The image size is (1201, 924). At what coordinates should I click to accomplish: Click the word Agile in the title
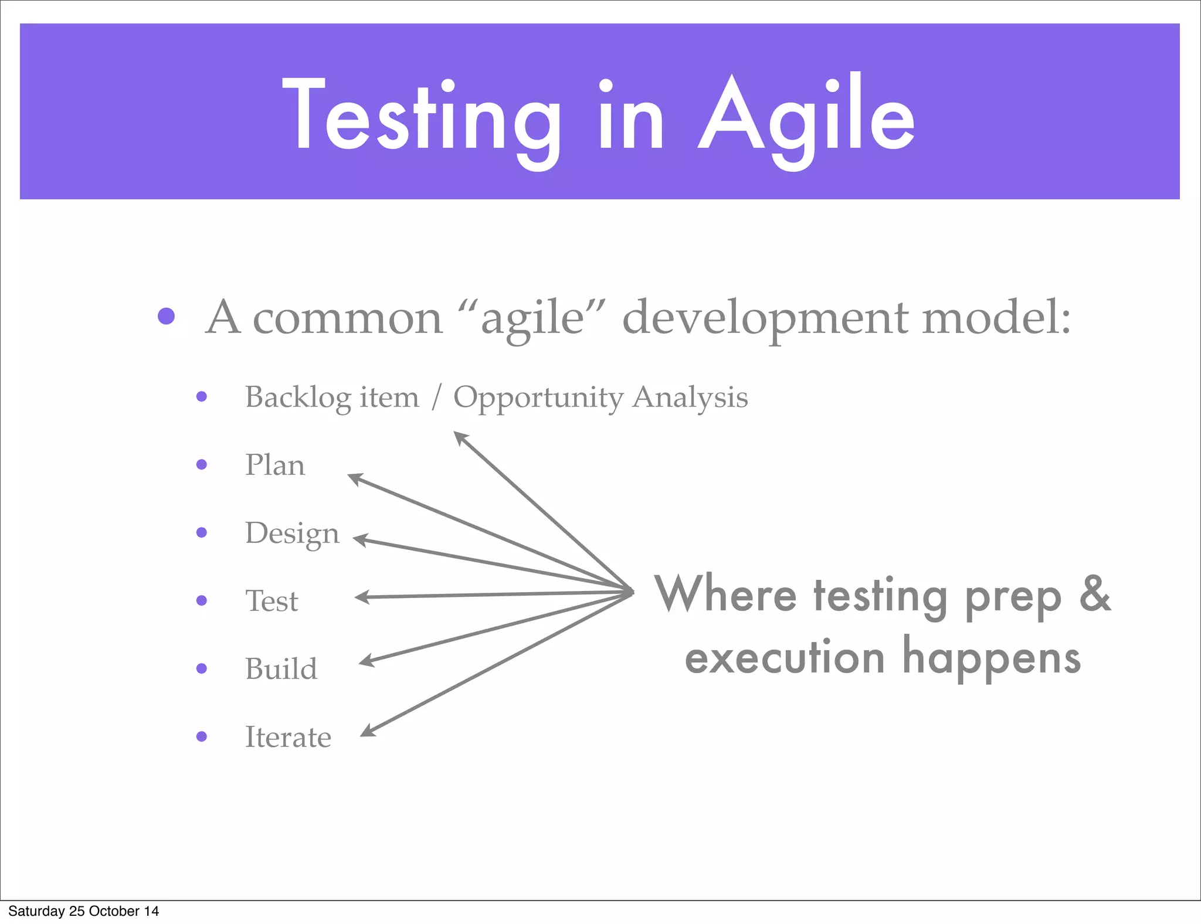[x=806, y=117]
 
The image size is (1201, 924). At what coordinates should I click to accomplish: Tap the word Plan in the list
[x=274, y=465]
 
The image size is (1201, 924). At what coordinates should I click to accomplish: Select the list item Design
[x=291, y=534]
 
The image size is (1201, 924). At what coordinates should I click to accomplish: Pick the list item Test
[x=272, y=601]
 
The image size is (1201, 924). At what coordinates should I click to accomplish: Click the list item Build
[x=281, y=669]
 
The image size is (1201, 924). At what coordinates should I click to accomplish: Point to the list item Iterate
[x=287, y=737]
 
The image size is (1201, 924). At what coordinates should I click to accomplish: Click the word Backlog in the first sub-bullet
[x=298, y=398]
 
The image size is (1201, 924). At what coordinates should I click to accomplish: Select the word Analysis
[x=690, y=398]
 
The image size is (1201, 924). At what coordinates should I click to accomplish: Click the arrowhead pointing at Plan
[x=354, y=478]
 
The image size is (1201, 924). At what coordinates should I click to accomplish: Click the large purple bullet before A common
[x=167, y=316]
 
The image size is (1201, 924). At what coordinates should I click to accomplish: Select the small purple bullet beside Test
[x=202, y=600]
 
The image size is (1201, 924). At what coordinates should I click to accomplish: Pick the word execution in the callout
[x=784, y=658]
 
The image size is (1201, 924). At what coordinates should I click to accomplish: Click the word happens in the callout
[x=991, y=658]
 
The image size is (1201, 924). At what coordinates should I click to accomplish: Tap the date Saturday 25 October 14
[x=83, y=911]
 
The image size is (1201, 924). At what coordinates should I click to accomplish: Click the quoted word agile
[x=532, y=318]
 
